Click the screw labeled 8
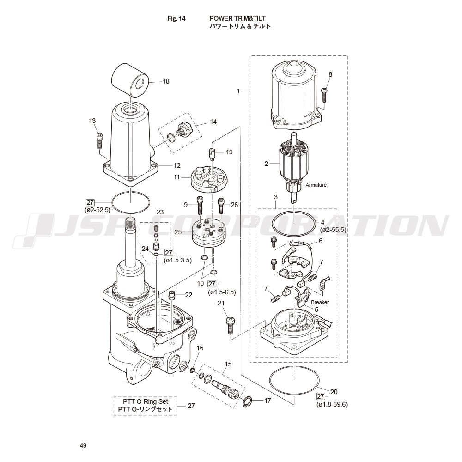[x=324, y=95]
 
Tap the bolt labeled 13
[x=99, y=141]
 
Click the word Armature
[x=316, y=185]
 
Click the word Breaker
[x=320, y=302]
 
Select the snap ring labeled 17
[x=247, y=402]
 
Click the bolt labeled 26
[x=221, y=206]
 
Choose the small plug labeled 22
[x=171, y=295]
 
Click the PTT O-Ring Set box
[x=146, y=406]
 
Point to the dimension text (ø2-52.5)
[x=97, y=210]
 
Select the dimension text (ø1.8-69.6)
[x=332, y=405]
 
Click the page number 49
[x=83, y=445]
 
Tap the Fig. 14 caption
[x=176, y=18]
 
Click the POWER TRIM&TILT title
[x=237, y=18]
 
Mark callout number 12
[x=177, y=165]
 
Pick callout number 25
[x=178, y=232]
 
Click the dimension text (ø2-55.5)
[x=333, y=230]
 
